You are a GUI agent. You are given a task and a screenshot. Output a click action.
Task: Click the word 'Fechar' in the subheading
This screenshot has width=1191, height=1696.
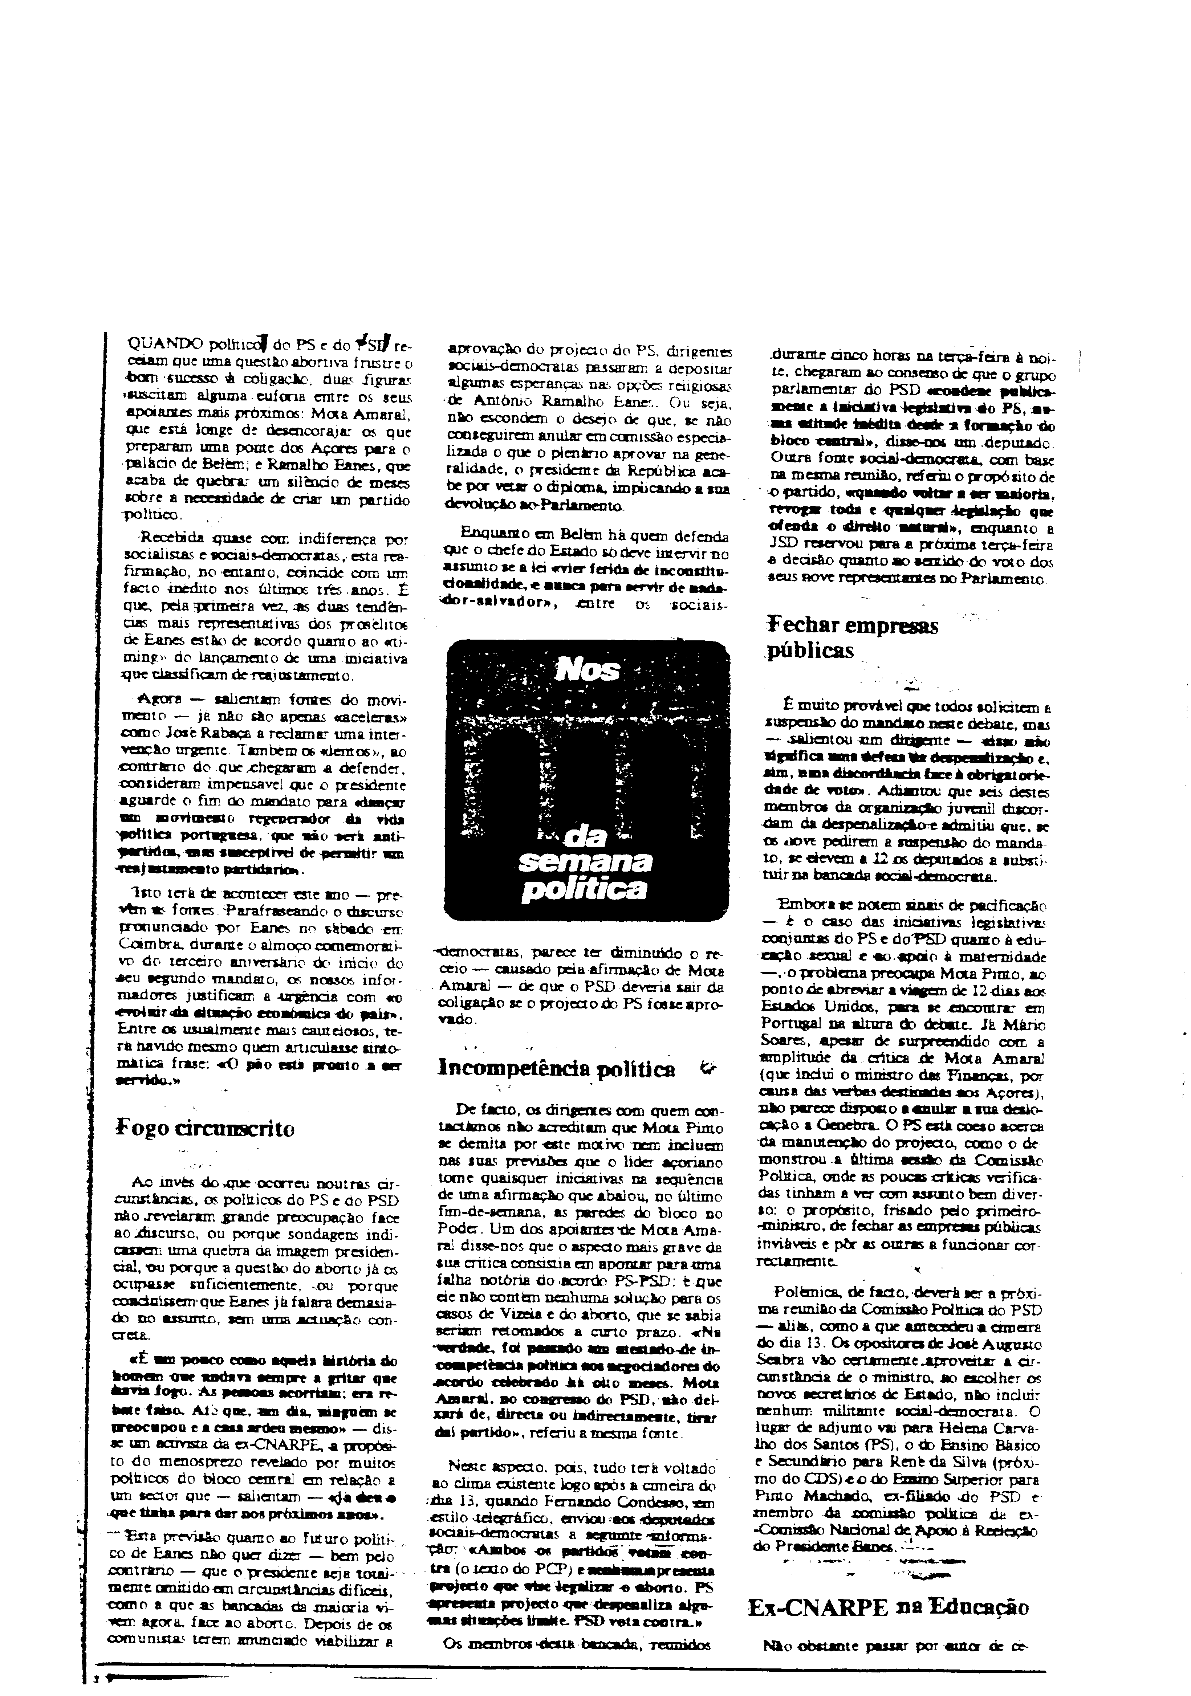click(x=804, y=626)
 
